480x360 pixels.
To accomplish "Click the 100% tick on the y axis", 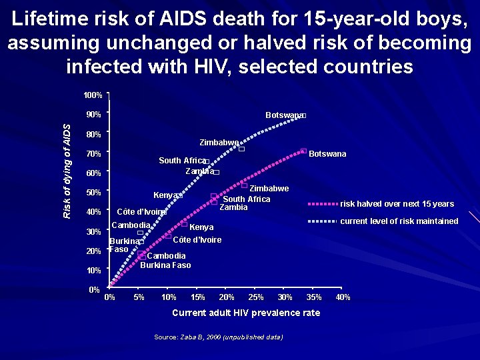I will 93,95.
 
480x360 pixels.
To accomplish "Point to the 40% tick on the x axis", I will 343,297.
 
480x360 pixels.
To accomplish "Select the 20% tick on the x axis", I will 227,297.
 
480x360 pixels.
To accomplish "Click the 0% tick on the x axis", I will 110,297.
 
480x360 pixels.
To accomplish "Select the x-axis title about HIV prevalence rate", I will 246,313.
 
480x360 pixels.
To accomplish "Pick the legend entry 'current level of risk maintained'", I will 399,221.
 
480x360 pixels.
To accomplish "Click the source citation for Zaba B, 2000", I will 218,337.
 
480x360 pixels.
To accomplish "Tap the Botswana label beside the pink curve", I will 327,154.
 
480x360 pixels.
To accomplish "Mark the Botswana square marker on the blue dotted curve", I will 303,116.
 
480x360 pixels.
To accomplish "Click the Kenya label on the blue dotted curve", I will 165,195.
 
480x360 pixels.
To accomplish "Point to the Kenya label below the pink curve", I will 201,227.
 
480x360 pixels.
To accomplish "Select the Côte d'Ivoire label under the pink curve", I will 197,240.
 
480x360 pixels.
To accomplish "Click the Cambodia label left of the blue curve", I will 130,225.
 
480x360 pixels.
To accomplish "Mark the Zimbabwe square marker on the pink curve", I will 244,185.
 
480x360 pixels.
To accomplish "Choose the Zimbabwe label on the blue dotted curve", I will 219,143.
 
